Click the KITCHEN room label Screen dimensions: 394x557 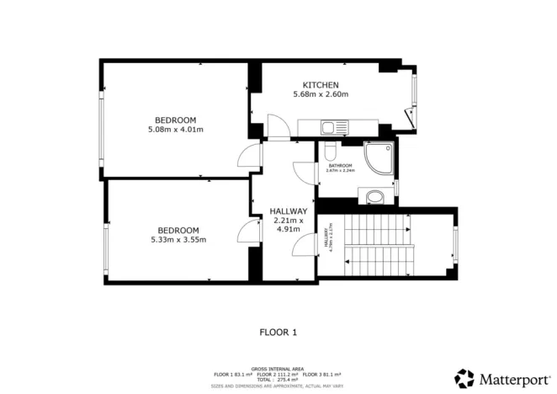pyautogui.click(x=321, y=85)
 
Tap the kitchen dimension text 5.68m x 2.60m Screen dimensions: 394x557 pyautogui.click(x=321, y=94)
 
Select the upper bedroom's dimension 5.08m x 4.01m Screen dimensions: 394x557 pyautogui.click(x=175, y=130)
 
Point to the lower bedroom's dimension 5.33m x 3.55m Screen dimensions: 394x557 pyautogui.click(x=178, y=240)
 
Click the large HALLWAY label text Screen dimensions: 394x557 pyautogui.click(x=288, y=211)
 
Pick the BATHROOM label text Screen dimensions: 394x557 pyautogui.click(x=340, y=166)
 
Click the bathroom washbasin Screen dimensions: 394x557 pyautogui.click(x=375, y=197)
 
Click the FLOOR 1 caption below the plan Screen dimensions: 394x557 pyautogui.click(x=278, y=332)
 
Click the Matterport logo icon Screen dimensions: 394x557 pyautogui.click(x=464, y=378)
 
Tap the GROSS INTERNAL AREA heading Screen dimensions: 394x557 pyautogui.click(x=277, y=369)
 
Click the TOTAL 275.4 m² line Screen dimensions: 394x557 pyautogui.click(x=277, y=380)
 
